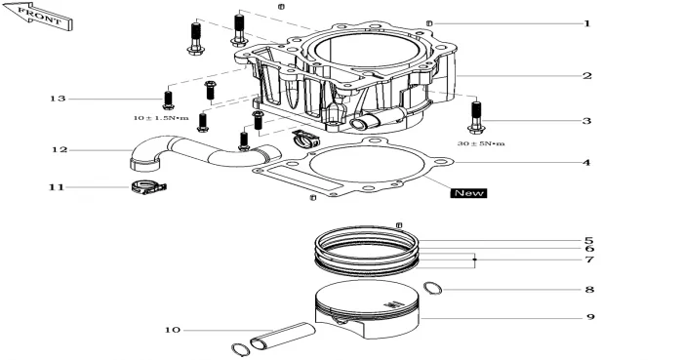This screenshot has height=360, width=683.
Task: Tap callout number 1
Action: (x=587, y=23)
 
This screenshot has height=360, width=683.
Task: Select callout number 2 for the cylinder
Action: (x=587, y=76)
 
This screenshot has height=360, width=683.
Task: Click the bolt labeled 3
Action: (x=476, y=116)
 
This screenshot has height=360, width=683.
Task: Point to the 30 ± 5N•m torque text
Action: (x=481, y=143)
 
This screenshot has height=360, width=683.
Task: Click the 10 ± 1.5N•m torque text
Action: (x=161, y=118)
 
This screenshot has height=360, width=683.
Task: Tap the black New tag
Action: (x=468, y=193)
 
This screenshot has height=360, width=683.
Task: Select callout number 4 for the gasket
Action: (x=586, y=163)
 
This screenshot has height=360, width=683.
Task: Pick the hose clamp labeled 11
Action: (x=148, y=187)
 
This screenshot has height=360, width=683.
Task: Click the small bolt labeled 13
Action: (x=168, y=100)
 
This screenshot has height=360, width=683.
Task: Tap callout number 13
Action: (x=58, y=99)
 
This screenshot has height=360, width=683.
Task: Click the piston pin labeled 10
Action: (x=282, y=336)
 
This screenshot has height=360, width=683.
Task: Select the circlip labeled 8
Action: (x=433, y=288)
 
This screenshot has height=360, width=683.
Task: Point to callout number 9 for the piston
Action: (x=590, y=316)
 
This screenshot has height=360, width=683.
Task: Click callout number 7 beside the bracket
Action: (x=589, y=260)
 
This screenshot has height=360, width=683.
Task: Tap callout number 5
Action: (x=589, y=240)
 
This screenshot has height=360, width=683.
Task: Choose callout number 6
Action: (x=589, y=249)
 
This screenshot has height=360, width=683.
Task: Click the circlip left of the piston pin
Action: (x=240, y=349)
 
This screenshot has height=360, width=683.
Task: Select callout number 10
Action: (x=173, y=330)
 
